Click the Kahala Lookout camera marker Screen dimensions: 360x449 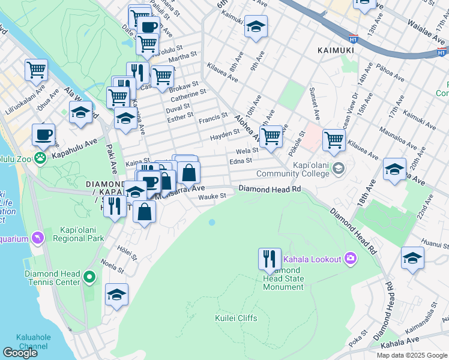(350, 259)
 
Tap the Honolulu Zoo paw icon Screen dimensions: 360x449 (40, 158)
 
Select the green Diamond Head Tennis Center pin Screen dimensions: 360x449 (89, 277)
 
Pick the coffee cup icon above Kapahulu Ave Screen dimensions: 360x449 (43, 134)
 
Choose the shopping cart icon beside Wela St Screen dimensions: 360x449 (271, 136)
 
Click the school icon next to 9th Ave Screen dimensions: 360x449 (256, 26)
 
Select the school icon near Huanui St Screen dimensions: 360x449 (412, 258)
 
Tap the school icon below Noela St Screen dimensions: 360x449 (116, 295)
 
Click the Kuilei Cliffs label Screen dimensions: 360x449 (236, 318)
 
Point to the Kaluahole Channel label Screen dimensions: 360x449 (41, 343)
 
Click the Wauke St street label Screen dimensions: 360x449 (212, 196)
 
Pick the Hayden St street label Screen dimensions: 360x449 (220, 138)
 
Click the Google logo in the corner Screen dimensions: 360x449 (20, 353)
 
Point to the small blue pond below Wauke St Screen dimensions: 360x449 (211, 223)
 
